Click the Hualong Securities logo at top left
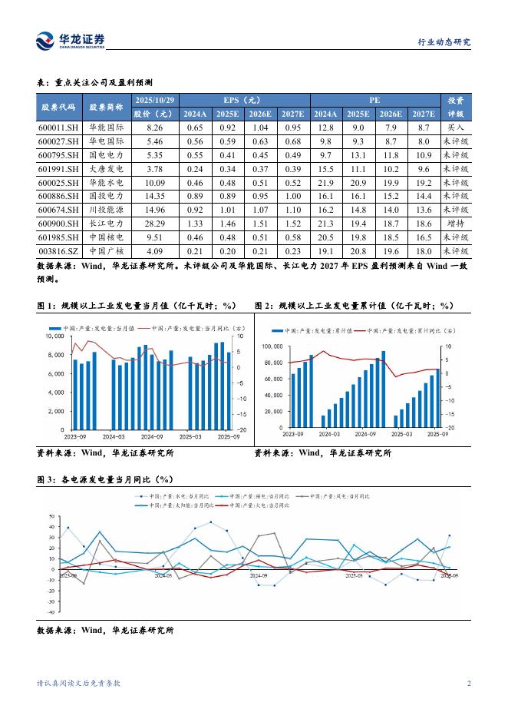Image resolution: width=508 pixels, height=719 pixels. (x=70, y=41)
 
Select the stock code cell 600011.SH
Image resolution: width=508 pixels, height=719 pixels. (x=58, y=128)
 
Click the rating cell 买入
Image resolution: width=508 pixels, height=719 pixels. (x=455, y=128)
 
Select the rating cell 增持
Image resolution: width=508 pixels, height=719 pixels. (x=455, y=224)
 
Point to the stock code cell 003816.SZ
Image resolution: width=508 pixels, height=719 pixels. (x=58, y=250)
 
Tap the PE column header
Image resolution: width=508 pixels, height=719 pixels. (x=374, y=100)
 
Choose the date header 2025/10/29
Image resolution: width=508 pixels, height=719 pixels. (x=155, y=100)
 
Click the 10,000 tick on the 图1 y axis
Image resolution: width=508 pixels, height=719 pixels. (x=53, y=336)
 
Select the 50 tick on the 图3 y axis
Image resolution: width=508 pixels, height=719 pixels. (x=51, y=516)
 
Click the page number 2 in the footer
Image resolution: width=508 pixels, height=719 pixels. (x=468, y=683)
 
